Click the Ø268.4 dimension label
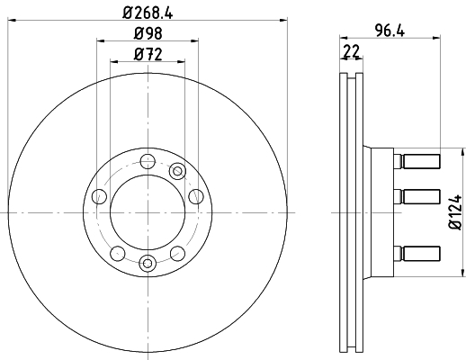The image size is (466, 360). pyautogui.click(x=148, y=13)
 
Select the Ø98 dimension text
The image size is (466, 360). pyautogui.click(x=148, y=33)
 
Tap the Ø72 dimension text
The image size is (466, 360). pyautogui.click(x=148, y=54)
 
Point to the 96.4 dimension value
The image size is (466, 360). pyautogui.click(x=390, y=31)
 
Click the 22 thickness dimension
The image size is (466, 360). pyautogui.click(x=351, y=51)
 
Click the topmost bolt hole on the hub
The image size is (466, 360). pyautogui.click(x=148, y=162)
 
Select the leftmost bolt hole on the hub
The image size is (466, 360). pyautogui.click(x=99, y=197)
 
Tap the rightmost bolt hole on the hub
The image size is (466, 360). pyautogui.click(x=196, y=197)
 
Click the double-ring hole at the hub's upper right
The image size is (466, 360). pyautogui.click(x=177, y=171)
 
